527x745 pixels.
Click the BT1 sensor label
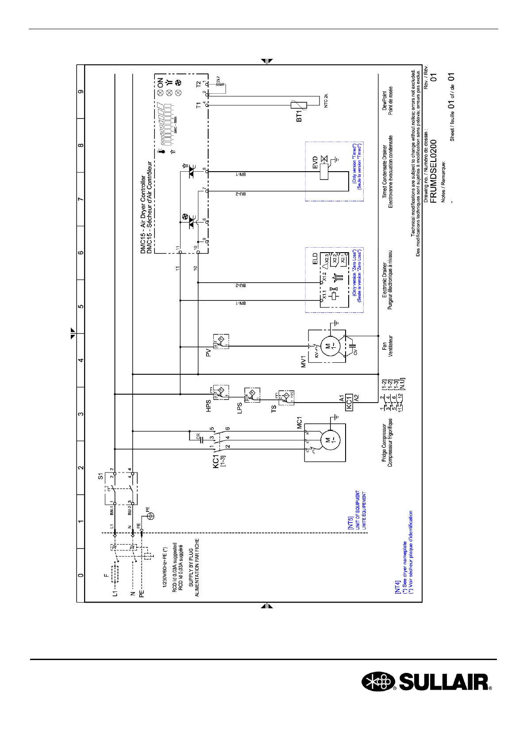299,116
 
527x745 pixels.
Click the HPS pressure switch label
209,406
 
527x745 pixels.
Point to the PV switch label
209,353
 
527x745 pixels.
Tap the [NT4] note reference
397,587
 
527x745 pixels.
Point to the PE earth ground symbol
150,515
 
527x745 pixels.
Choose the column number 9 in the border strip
81,92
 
